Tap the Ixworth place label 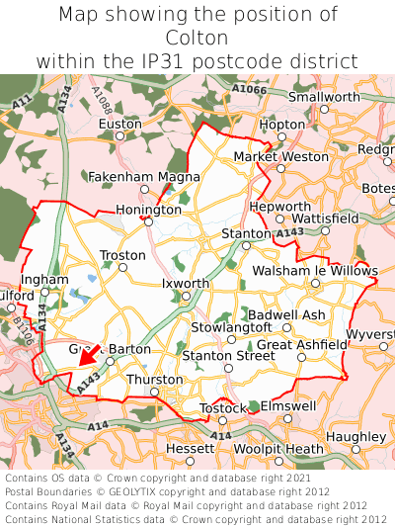click(x=186, y=284)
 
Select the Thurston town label click(x=155, y=380)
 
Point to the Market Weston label click(x=280, y=156)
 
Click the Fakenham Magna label click(x=144, y=177)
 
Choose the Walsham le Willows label click(x=315, y=271)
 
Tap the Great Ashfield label click(x=301, y=344)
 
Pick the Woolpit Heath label click(x=277, y=449)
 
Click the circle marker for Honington click(x=148, y=222)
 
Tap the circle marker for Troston click(x=123, y=267)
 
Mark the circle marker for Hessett click(x=191, y=461)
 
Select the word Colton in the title click(x=197, y=38)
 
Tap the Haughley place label click(x=355, y=437)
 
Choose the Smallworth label click(x=324, y=97)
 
